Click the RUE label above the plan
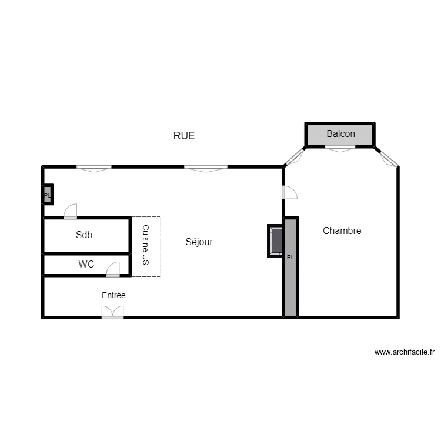point(183,136)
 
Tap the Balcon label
point(340,134)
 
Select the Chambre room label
point(342,231)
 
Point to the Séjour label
point(199,242)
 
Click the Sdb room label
point(84,235)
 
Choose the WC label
point(86,265)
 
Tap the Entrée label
point(113,295)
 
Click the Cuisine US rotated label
point(145,246)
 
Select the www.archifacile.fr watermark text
point(404,353)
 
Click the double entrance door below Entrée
point(113,312)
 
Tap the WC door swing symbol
point(113,270)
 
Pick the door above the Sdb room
point(71,211)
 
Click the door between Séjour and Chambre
point(289,192)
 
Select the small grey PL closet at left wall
point(47,195)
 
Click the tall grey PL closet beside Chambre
point(290,268)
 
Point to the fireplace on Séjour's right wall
point(275,240)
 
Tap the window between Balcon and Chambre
point(340,149)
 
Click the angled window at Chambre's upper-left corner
point(294,156)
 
